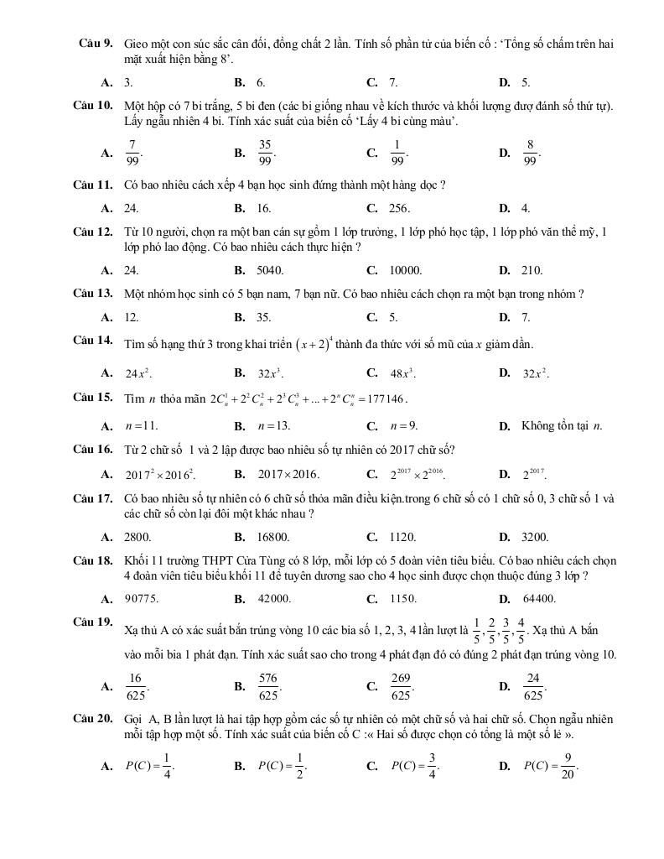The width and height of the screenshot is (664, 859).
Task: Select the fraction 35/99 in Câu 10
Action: pyautogui.click(x=265, y=153)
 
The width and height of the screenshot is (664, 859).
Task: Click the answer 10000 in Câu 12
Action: pyautogui.click(x=406, y=270)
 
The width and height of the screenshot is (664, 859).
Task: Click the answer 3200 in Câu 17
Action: pyautogui.click(x=535, y=537)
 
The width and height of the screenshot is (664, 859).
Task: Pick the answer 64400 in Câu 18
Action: pyautogui.click(x=538, y=599)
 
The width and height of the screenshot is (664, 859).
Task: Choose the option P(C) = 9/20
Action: pyautogui.click(x=551, y=765)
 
